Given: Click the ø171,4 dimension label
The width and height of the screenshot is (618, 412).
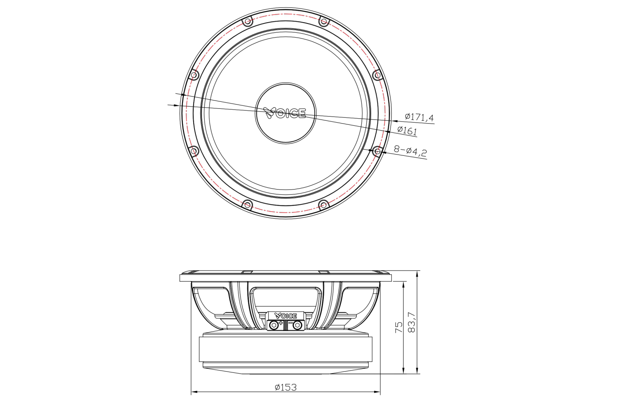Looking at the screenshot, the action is pos(419,117).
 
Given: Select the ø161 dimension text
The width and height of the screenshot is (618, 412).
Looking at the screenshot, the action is pos(407,130).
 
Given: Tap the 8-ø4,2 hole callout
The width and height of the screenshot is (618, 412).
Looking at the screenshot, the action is pos(410,151).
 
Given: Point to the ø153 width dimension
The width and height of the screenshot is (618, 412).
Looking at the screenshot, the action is pos(286,387).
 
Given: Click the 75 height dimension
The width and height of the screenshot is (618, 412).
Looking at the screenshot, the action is pos(399,327).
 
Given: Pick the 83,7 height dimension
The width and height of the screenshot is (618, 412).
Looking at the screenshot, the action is pos(411,322).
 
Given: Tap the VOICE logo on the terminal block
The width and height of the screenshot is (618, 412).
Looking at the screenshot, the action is pos(286,316).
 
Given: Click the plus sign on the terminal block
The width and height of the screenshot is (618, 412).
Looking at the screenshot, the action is pos(281,323).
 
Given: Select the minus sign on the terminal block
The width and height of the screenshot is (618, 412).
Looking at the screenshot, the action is pos(290,323).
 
